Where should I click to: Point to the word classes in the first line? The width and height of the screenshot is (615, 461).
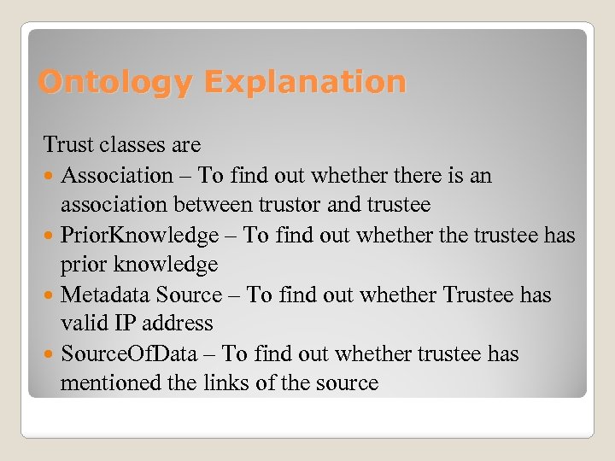point(132,145)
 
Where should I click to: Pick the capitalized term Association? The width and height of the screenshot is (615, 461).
point(117,176)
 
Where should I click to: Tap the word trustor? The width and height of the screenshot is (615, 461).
point(315,205)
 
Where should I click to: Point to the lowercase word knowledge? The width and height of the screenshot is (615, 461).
point(166,265)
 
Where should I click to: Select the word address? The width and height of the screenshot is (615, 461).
point(179,324)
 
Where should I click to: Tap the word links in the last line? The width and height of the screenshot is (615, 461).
point(223,383)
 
